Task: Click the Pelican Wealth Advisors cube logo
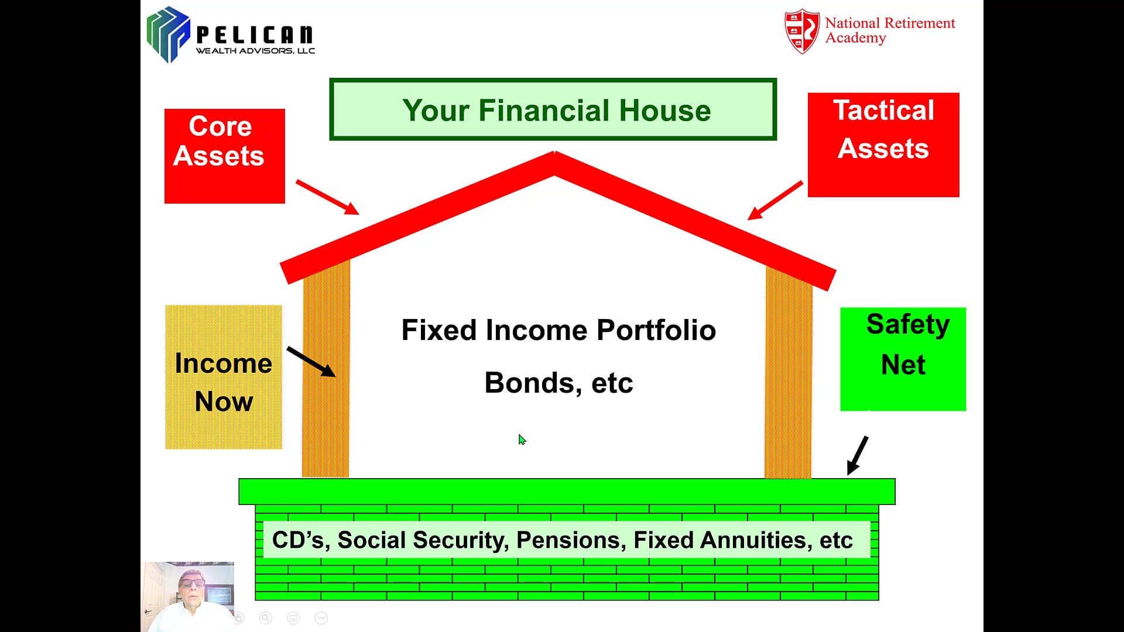coord(169,35)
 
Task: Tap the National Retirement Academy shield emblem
coord(802,31)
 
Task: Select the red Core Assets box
coord(225,156)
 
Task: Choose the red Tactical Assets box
coord(883,145)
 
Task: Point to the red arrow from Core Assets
coord(327,197)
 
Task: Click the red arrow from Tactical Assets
coord(775,200)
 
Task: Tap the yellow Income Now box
coord(224,377)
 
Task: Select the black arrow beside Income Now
coord(311,362)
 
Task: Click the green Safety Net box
coord(903,359)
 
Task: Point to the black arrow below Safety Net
coord(858,455)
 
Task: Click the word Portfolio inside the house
coord(656,330)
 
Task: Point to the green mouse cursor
coord(522,439)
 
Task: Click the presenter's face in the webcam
coord(191,585)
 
